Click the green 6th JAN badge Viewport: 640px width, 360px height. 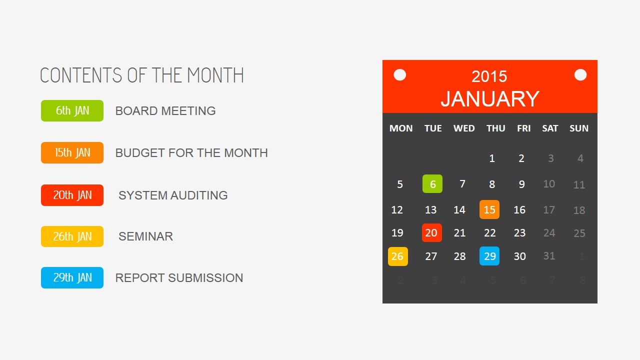click(x=72, y=110)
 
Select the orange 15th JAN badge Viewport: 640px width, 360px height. click(x=72, y=152)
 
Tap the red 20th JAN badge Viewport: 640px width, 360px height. click(x=72, y=195)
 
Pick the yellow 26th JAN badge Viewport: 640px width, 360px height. click(x=72, y=236)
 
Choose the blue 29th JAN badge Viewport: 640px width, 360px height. click(x=72, y=277)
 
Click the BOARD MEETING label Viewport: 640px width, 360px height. click(x=165, y=111)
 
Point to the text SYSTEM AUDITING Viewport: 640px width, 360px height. click(x=173, y=195)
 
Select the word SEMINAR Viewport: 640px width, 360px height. click(x=145, y=236)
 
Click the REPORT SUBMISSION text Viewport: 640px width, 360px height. click(x=179, y=277)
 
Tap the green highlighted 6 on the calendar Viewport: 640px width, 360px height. click(x=432, y=183)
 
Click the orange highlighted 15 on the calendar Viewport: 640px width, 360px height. click(x=489, y=209)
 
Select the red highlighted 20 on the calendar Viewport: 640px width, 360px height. click(x=431, y=233)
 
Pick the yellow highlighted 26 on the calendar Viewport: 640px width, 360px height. click(x=397, y=256)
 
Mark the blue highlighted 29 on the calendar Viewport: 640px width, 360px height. click(x=489, y=256)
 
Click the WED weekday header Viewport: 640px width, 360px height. click(x=464, y=128)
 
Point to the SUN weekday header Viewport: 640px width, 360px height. click(x=579, y=128)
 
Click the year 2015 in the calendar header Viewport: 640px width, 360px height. click(x=489, y=76)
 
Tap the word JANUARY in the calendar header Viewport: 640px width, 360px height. click(x=490, y=99)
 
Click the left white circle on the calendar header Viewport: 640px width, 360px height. click(x=399, y=75)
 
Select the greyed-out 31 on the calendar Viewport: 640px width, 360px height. click(x=549, y=255)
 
